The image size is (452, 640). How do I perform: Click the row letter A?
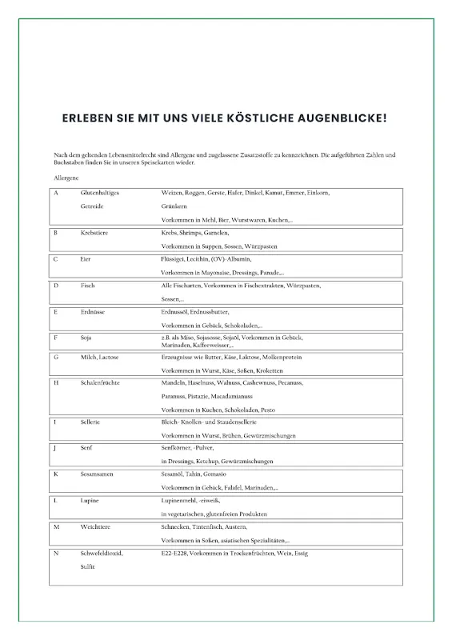(56, 193)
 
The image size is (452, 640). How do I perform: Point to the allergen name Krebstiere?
(95, 233)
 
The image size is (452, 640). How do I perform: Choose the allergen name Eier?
(86, 259)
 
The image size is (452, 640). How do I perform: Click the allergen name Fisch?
(87, 286)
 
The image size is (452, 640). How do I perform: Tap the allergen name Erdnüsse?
(92, 312)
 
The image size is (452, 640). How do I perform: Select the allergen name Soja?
(86, 338)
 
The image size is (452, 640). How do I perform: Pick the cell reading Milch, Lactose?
(100, 357)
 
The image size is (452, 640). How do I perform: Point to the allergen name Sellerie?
(90, 422)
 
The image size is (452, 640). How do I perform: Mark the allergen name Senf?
(87, 448)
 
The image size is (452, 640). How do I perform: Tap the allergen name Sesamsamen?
(98, 474)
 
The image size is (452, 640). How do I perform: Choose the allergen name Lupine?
(90, 500)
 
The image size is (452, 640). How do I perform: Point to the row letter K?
(56, 474)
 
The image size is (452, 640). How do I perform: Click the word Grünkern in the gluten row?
(175, 206)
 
